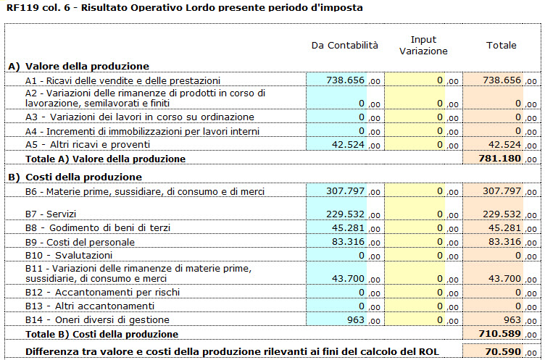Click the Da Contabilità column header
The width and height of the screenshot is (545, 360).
click(344, 46)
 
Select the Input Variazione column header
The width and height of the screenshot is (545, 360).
click(423, 45)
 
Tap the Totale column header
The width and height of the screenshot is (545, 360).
click(502, 45)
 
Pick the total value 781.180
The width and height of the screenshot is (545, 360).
click(500, 159)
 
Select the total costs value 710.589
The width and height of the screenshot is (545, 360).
click(500, 334)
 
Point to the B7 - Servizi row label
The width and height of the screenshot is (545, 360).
click(51, 214)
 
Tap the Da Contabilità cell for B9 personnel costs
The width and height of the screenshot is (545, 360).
click(336, 241)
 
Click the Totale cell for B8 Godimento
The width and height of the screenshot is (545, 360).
click(493, 228)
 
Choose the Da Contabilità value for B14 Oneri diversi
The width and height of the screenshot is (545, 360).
click(336, 319)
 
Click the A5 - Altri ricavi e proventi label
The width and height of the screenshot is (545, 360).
click(88, 145)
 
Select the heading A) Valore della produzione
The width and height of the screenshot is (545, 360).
click(78, 66)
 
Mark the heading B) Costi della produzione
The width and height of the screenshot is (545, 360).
click(75, 177)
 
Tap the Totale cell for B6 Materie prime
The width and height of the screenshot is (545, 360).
click(493, 191)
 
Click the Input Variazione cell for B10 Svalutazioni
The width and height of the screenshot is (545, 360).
click(415, 256)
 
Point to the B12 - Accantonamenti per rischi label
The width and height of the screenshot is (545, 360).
click(102, 292)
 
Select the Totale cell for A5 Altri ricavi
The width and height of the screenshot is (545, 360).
click(493, 145)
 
